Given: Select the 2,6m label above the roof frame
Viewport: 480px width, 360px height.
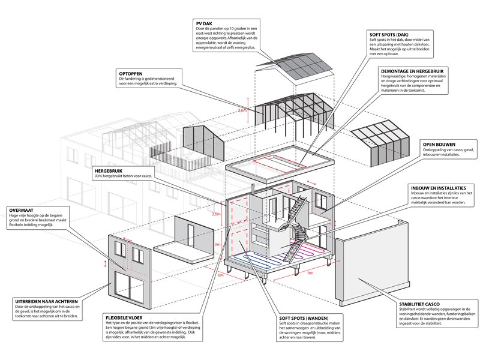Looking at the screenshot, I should tap(242, 110).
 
